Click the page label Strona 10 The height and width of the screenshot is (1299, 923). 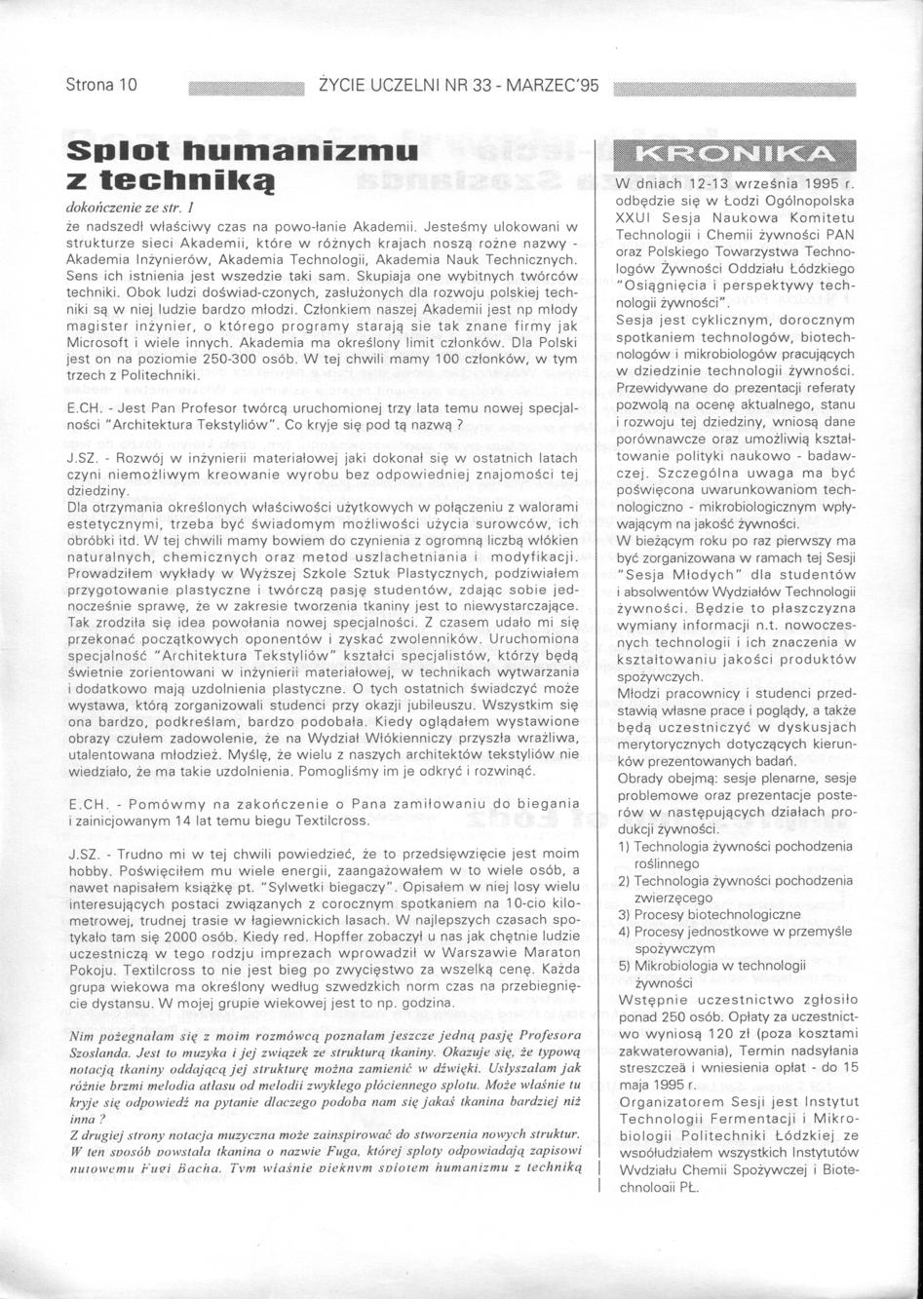click(x=100, y=86)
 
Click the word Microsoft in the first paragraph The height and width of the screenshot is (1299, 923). click(x=100, y=345)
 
